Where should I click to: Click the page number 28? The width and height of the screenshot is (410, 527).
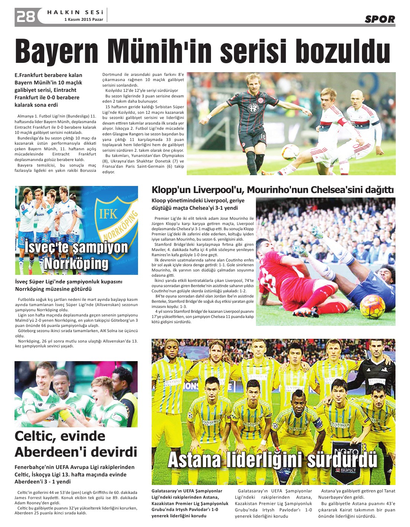click(x=25, y=16)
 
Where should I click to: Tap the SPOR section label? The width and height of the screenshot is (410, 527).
click(x=379, y=19)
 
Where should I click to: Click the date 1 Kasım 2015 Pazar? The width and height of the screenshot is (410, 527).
click(x=84, y=19)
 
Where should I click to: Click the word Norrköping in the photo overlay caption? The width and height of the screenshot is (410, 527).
click(x=76, y=264)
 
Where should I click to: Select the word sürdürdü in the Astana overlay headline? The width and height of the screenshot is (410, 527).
click(x=342, y=460)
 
